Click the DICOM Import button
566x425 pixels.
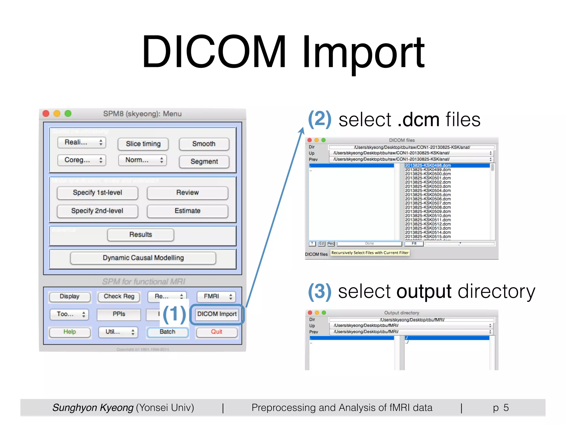click(x=217, y=314)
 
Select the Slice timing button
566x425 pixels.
click(x=143, y=144)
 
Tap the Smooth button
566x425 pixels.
click(x=204, y=144)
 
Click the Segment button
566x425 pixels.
click(x=204, y=162)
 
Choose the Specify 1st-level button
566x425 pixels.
click(x=97, y=193)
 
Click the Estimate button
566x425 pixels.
click(x=187, y=211)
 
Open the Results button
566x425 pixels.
click(x=140, y=235)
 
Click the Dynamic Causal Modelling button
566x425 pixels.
click(x=143, y=258)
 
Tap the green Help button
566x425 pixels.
click(x=70, y=332)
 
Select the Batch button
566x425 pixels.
click(x=167, y=332)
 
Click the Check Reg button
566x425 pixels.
click(x=119, y=296)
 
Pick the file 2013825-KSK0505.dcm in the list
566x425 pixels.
click(x=428, y=195)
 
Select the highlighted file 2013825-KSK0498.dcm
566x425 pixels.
click(x=428, y=165)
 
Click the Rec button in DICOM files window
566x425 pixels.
click(x=331, y=243)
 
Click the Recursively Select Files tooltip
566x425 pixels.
click(x=370, y=253)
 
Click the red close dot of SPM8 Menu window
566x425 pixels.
click(x=46, y=113)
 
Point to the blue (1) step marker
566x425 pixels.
click(x=174, y=314)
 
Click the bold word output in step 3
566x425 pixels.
click(x=424, y=291)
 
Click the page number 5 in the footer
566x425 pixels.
click(x=506, y=408)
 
